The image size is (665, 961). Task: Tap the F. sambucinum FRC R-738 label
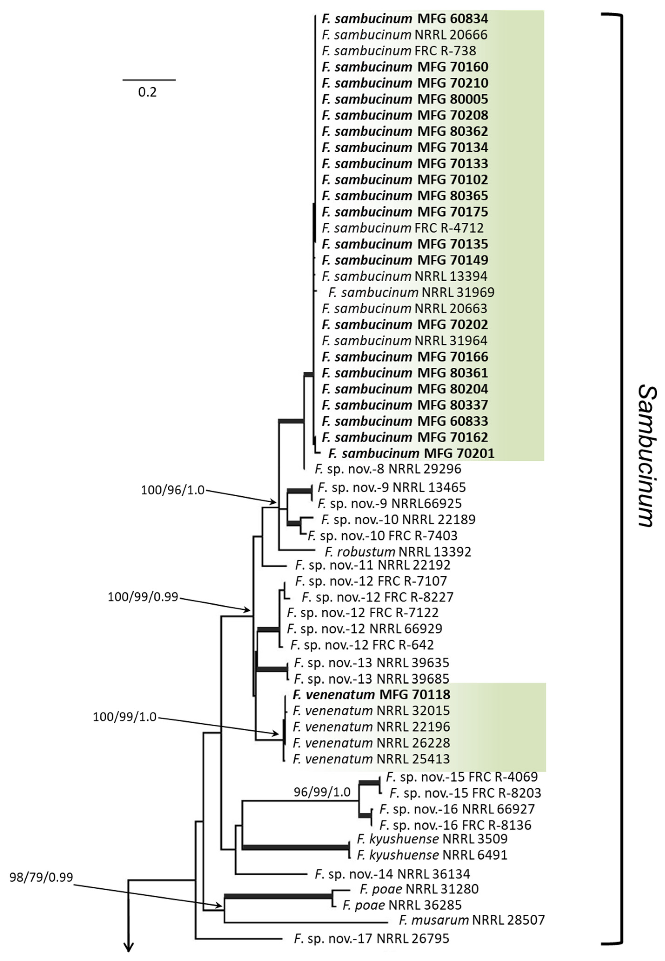pyautogui.click(x=399, y=51)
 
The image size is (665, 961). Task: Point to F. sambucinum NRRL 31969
pyautogui.click(x=411, y=292)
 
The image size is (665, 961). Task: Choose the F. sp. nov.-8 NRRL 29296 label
pyautogui.click(x=388, y=469)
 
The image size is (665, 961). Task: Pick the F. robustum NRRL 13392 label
pyautogui.click(x=398, y=552)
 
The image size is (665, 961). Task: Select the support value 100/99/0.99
pyautogui.click(x=143, y=597)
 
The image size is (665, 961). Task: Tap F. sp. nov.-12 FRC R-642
pyautogui.click(x=362, y=645)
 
